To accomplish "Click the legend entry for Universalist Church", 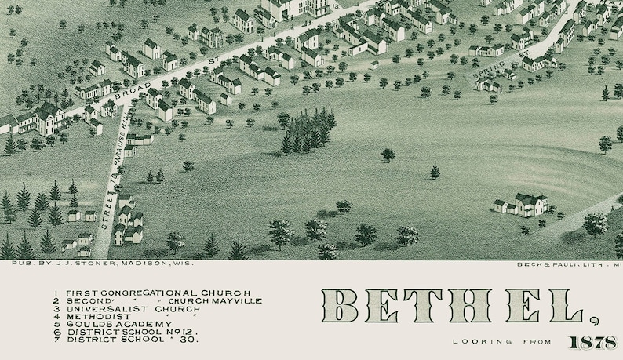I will click(124, 308).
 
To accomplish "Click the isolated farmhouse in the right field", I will click(522, 205).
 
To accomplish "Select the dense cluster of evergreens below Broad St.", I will click(308, 132).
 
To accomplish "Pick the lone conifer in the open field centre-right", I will click(435, 171).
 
